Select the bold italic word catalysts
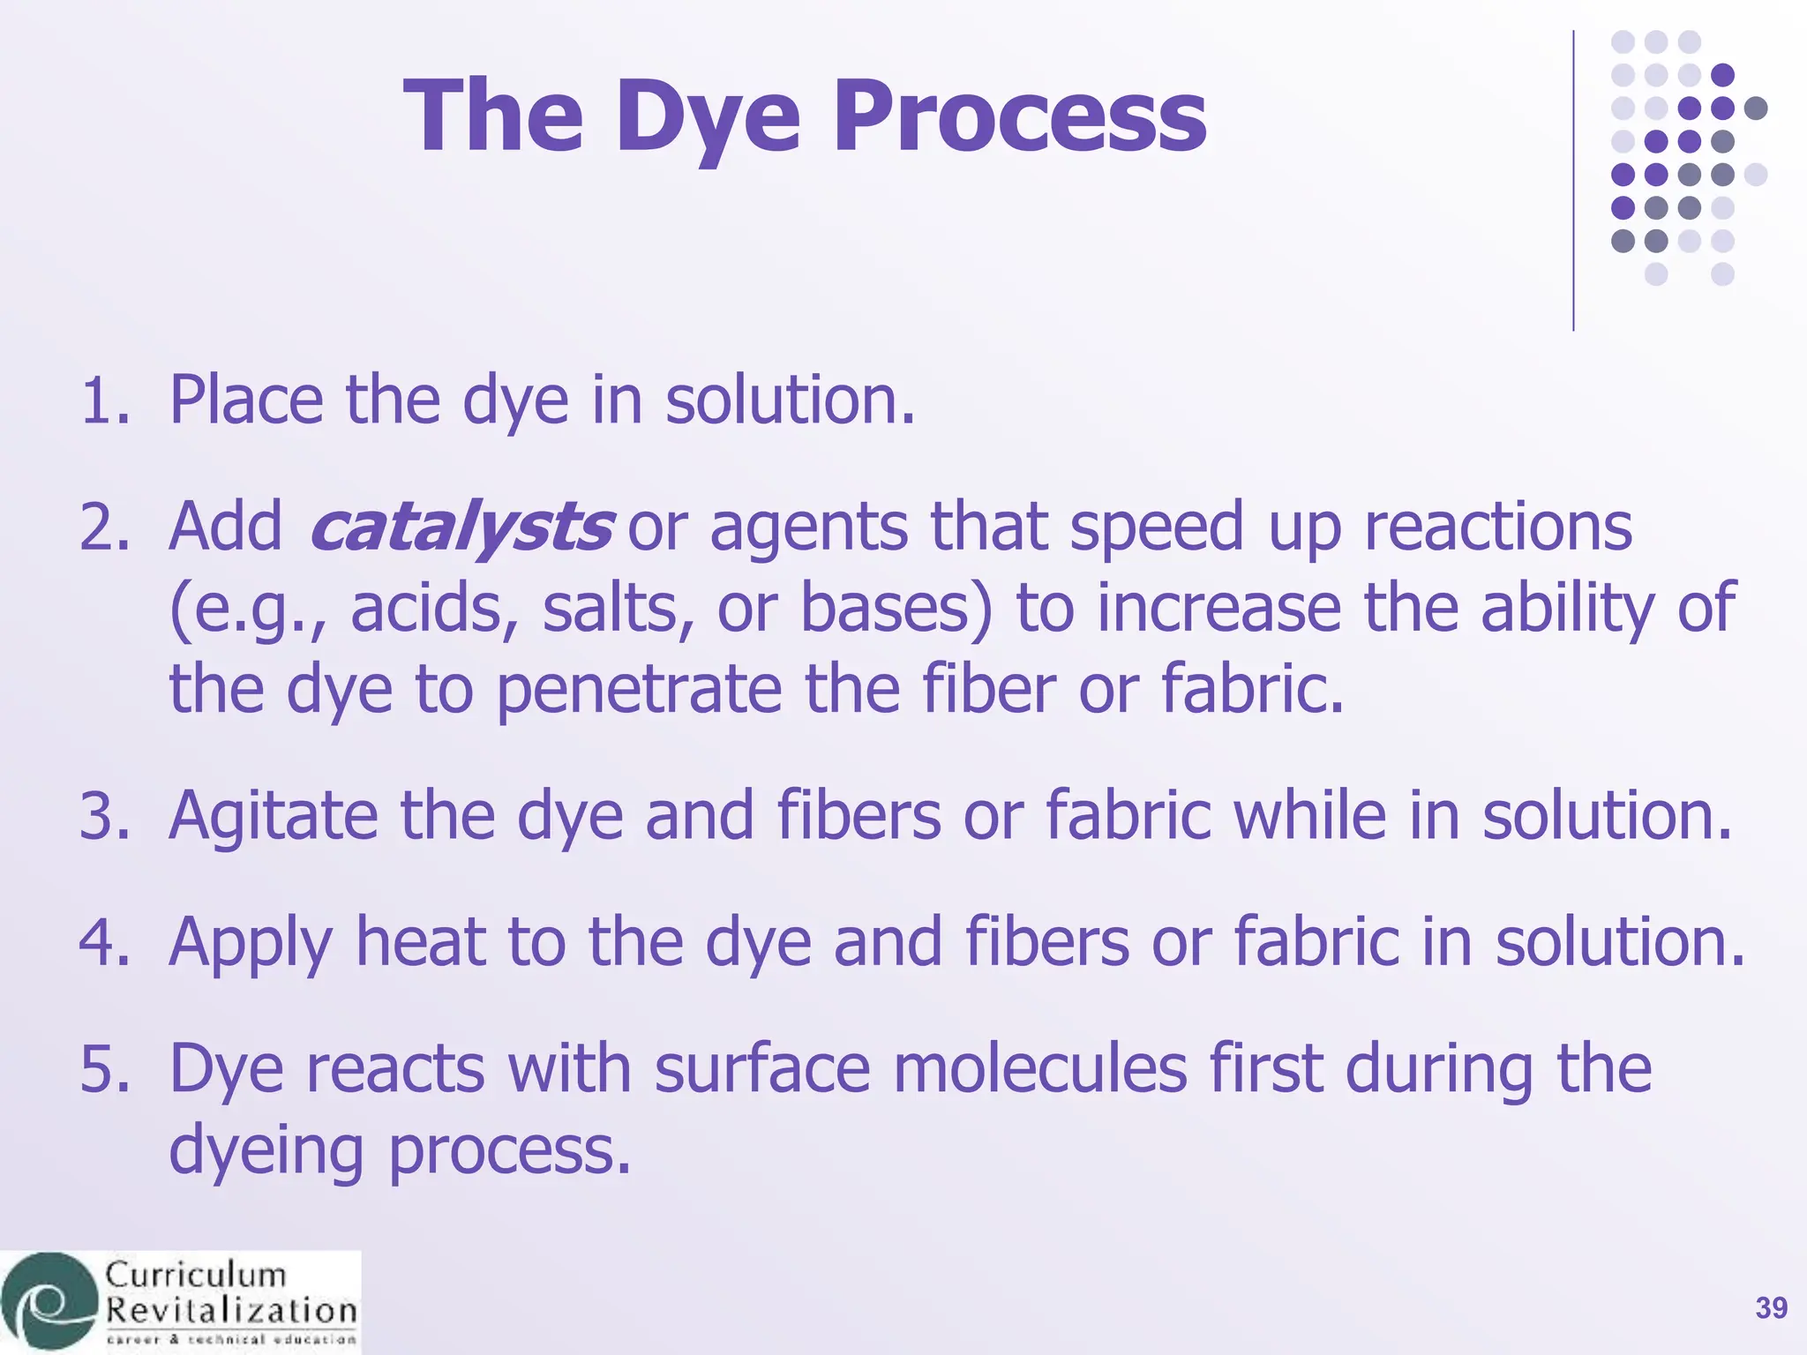coord(461,528)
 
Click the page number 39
coord(1771,1308)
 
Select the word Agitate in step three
coord(273,816)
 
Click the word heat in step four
coord(420,942)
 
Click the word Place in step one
coord(246,401)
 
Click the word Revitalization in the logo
coord(231,1311)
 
